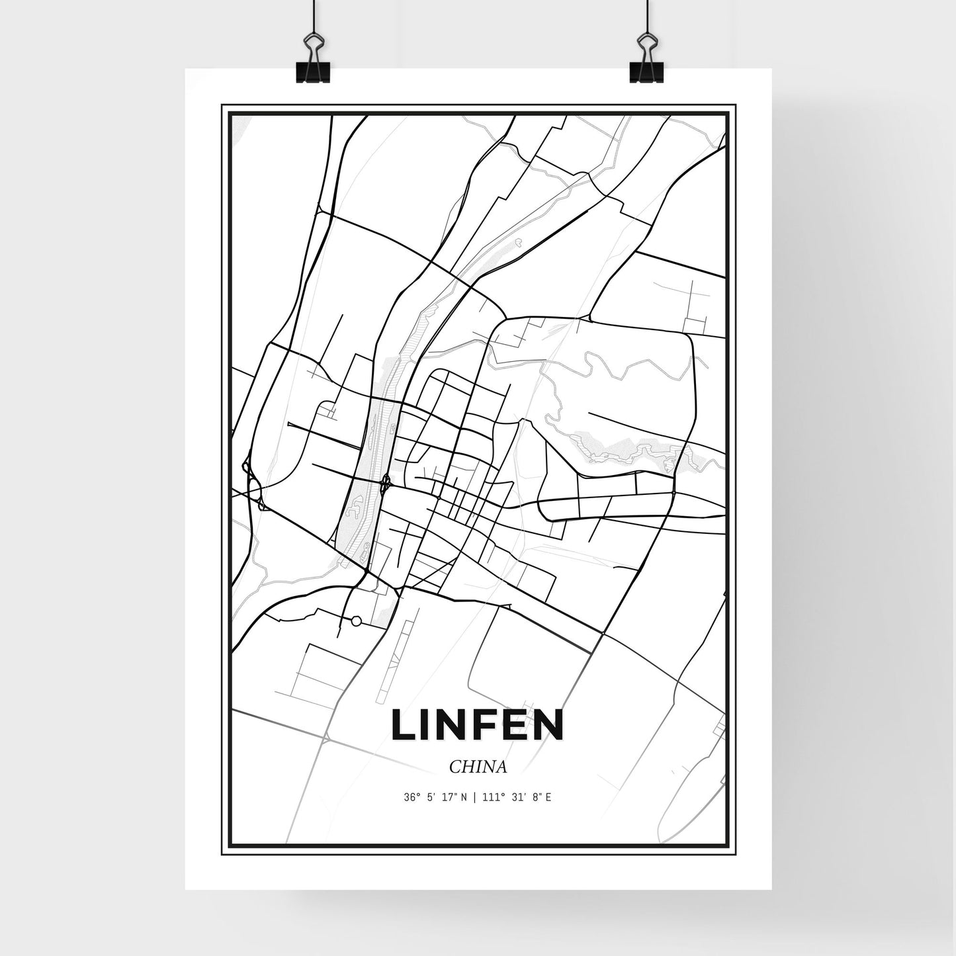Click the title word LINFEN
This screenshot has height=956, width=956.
coord(477,724)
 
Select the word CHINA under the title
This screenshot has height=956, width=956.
coord(478,767)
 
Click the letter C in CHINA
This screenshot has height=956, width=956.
coord(454,767)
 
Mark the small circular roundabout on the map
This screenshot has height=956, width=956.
coord(356,621)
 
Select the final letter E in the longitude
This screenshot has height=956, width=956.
coord(549,798)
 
